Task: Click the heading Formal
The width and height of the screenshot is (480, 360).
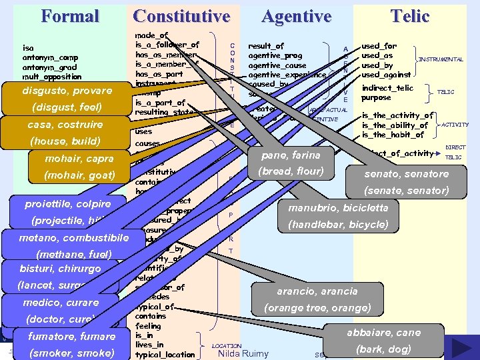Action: (69, 16)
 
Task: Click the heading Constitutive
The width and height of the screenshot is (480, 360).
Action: (181, 16)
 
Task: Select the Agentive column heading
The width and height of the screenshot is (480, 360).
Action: (296, 16)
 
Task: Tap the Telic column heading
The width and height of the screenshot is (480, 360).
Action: (409, 16)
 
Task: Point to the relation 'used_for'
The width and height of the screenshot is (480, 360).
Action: (379, 47)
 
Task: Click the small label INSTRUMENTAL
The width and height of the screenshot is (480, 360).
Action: (440, 59)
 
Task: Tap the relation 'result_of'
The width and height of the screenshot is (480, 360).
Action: (266, 46)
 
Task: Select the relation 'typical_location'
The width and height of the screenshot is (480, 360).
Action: (165, 355)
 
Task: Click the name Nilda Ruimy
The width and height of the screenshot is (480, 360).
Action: (243, 353)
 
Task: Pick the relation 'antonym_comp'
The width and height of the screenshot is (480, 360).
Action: (49, 57)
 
